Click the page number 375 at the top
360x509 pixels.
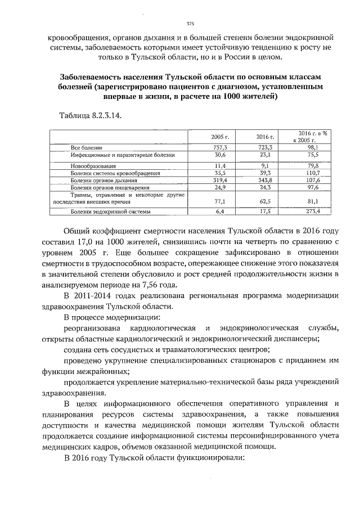190,23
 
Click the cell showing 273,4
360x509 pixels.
313,211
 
